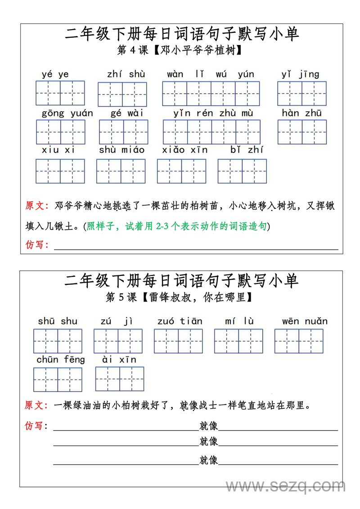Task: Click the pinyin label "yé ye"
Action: pos(55,75)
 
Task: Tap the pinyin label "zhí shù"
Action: pos(126,74)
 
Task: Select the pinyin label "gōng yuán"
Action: pos(67,113)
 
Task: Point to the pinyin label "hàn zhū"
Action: pos(301,113)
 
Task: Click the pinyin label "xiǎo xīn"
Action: pos(185,150)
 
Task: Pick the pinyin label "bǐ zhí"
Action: pos(247,150)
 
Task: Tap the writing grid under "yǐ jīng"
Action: pos(301,94)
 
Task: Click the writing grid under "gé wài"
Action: pos(124,132)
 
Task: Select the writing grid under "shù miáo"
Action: pos(121,171)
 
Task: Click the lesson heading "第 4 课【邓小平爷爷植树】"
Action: pos(180,50)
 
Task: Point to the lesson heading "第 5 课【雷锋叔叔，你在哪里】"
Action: pos(180,297)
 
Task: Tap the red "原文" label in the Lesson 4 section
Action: pos(36,206)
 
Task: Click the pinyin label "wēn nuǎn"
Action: pos(305,321)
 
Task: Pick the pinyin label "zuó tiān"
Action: pos(180,321)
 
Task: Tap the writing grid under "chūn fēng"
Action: pos(58,380)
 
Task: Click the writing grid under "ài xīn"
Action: pos(120,379)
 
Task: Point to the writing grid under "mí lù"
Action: pos(238,341)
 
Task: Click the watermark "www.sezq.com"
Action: pos(285,486)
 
